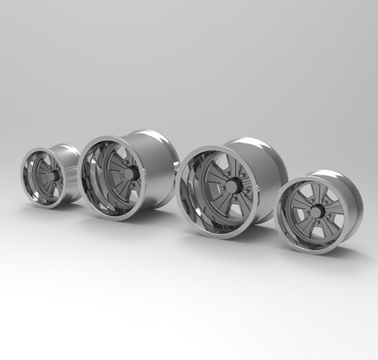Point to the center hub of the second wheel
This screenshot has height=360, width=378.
tap(130, 175)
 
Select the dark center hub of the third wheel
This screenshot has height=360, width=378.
tap(232, 186)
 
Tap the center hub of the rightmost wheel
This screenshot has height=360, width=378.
tap(316, 212)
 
